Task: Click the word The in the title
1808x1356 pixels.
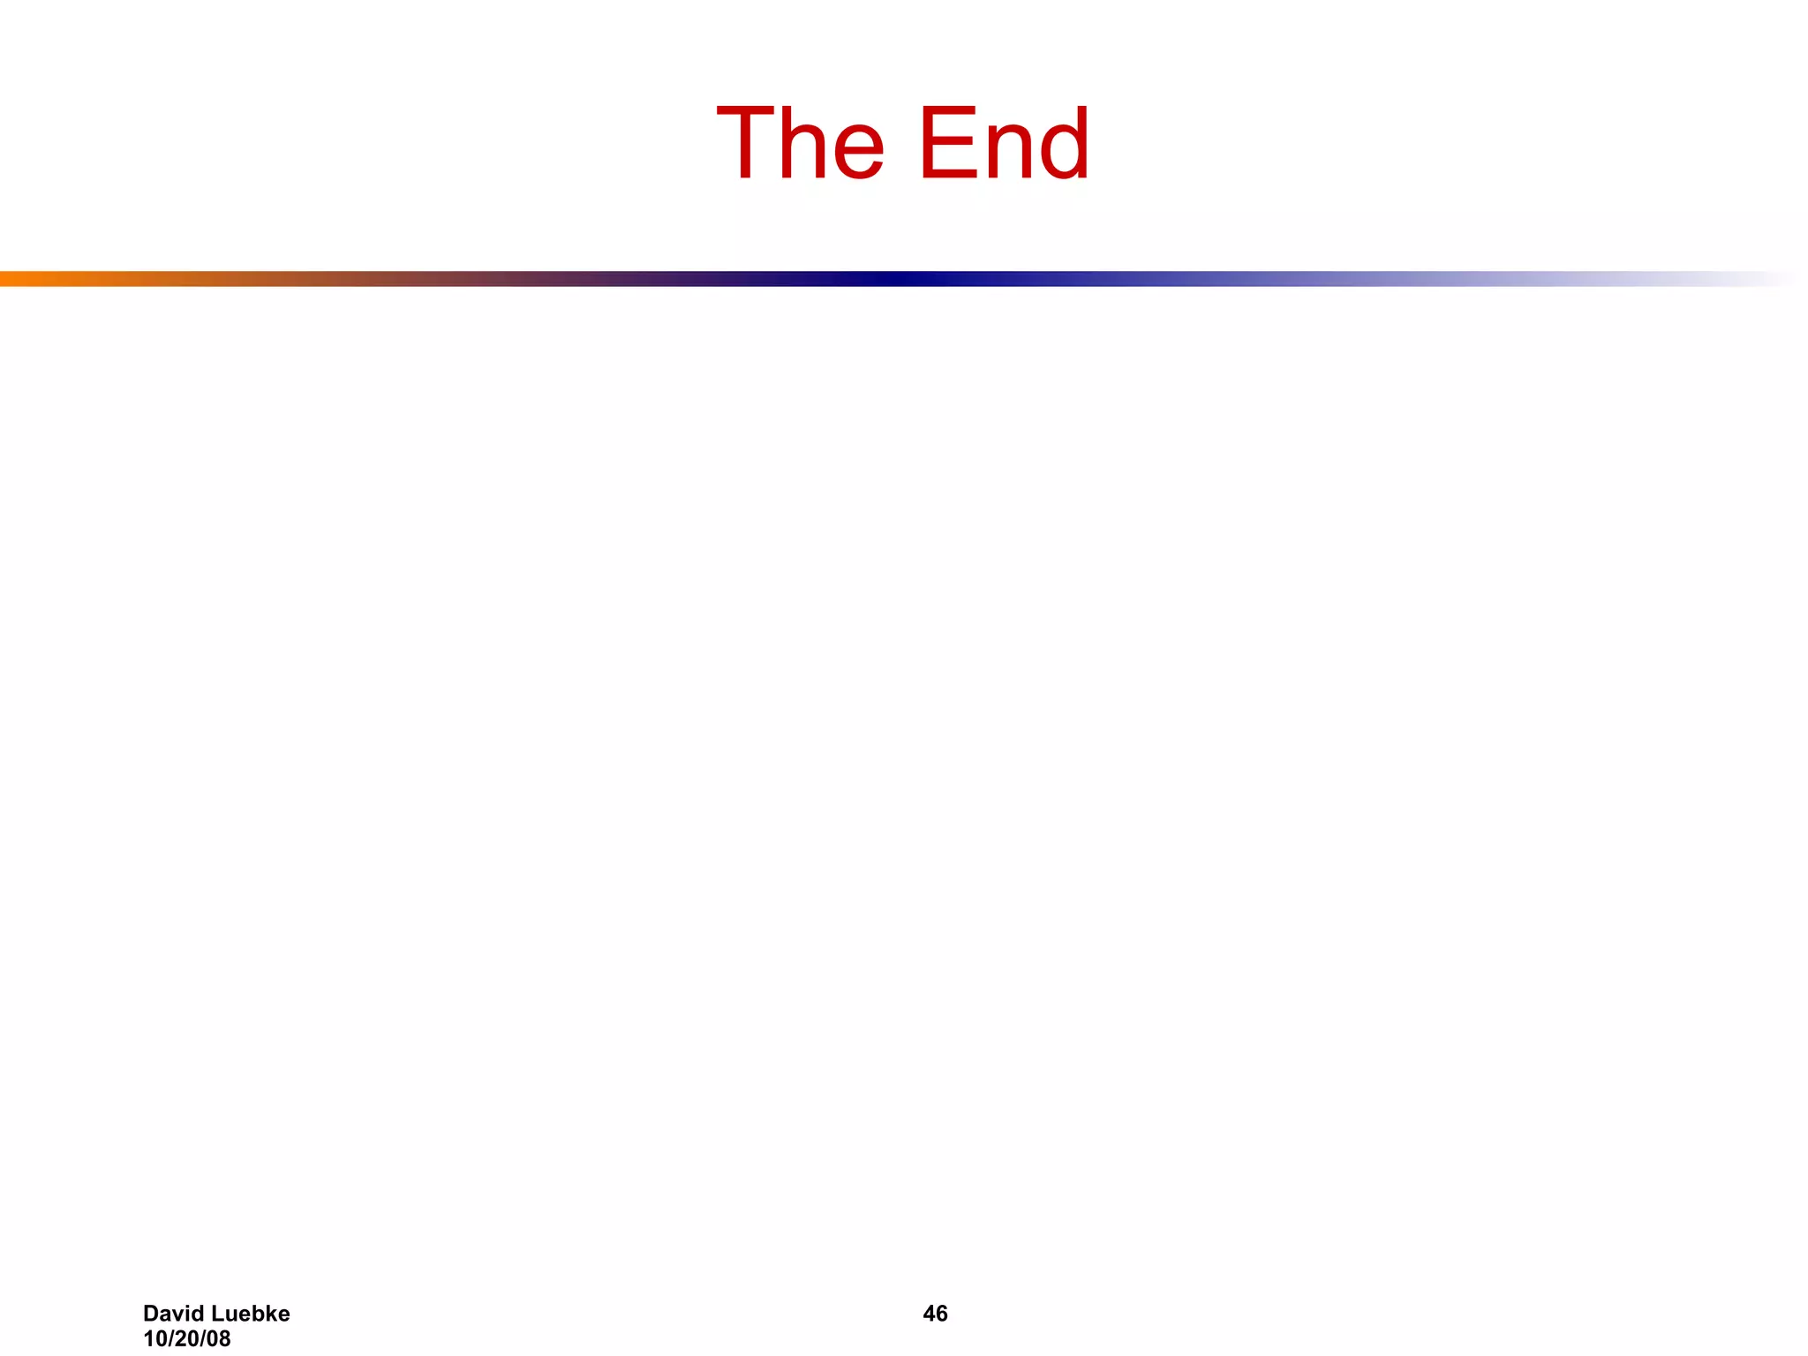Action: tap(800, 143)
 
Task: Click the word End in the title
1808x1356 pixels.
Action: tap(1004, 143)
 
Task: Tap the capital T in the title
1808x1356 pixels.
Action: tap(750, 143)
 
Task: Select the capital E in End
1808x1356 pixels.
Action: tap(948, 143)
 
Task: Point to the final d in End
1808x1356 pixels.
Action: tap(1063, 143)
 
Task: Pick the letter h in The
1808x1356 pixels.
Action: tap(805, 143)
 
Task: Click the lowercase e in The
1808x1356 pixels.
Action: tap(855, 150)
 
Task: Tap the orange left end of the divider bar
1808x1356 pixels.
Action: tap(13, 279)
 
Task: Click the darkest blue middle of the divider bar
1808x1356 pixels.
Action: tap(892, 279)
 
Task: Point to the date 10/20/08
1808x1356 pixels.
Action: tap(186, 1338)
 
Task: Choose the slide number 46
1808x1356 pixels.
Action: tap(935, 1314)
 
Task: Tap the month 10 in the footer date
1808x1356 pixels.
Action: tap(154, 1338)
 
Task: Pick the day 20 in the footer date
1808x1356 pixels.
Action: tap(186, 1338)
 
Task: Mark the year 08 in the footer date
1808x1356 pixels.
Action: tap(218, 1338)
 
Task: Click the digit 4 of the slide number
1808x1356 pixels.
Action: tap(929, 1314)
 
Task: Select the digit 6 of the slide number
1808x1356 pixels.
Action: tap(942, 1314)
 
